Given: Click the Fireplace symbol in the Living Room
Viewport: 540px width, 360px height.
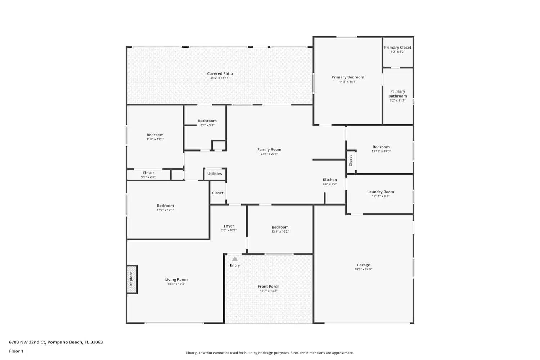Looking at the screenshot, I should (132, 280).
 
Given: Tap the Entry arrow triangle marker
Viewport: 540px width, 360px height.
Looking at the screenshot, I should (235, 259).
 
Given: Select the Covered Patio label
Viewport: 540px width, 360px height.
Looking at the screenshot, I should (220, 73).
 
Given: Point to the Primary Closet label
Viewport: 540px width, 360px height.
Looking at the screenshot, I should (397, 47).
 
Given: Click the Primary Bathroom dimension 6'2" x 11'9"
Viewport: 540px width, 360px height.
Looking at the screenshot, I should (397, 100).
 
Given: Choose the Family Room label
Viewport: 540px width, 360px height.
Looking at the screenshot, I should (269, 149).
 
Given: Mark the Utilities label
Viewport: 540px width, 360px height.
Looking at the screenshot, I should (215, 174).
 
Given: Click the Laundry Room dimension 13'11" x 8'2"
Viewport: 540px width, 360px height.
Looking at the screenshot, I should (381, 196).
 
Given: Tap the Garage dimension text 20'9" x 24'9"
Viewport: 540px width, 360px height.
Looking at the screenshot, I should (363, 269).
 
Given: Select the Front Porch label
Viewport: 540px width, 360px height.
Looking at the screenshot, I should (269, 287).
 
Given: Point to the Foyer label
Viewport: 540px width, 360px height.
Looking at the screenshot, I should (229, 226).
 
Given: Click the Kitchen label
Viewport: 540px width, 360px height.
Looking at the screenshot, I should (330, 180).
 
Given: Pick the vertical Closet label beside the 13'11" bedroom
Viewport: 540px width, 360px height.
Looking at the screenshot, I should (351, 161).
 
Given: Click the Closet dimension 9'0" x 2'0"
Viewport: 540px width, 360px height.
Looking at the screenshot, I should (148, 177).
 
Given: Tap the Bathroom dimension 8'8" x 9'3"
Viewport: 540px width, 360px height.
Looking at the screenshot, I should (207, 125).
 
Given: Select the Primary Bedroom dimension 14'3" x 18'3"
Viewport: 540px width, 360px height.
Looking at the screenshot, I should (348, 82).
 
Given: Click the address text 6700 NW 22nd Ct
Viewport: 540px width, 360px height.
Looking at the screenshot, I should (27, 342).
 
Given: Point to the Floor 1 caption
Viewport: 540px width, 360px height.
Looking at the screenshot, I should (16, 351).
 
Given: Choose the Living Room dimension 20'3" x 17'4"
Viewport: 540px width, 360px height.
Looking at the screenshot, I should (176, 284).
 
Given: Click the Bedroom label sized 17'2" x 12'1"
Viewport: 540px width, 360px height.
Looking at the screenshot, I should (165, 206).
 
